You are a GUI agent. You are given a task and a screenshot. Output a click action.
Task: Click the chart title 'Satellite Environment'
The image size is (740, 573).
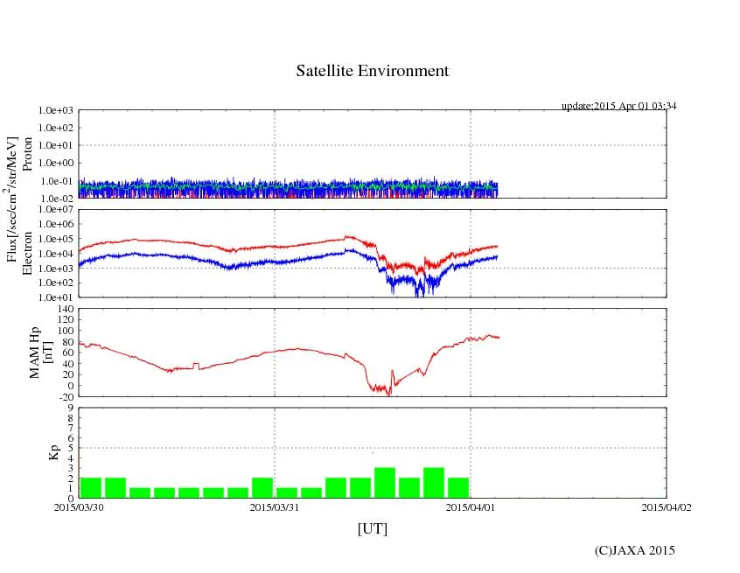click(372, 71)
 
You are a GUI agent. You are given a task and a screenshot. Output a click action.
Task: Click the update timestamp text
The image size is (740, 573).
click(618, 106)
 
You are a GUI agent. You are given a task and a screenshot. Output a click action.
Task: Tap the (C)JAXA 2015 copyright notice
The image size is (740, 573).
click(634, 550)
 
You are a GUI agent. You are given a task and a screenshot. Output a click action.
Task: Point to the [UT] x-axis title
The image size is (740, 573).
click(372, 528)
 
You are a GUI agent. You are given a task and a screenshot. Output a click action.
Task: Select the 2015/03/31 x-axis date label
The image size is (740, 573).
click(275, 506)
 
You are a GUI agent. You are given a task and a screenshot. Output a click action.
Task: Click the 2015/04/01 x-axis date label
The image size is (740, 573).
click(471, 506)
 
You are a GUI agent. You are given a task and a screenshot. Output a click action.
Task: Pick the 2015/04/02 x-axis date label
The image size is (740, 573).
click(666, 506)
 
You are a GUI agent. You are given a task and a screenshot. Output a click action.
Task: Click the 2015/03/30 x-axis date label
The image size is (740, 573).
click(79, 506)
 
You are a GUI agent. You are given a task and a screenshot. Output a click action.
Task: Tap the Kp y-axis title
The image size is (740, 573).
click(53, 452)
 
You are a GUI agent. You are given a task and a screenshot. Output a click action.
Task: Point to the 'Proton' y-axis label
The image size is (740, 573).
click(27, 154)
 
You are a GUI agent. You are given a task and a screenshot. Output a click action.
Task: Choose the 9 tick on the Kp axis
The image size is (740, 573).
click(70, 407)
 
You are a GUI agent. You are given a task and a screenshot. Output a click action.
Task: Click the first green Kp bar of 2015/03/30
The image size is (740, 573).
click(91, 487)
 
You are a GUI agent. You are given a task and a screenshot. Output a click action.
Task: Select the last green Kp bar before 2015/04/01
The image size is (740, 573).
click(458, 487)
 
